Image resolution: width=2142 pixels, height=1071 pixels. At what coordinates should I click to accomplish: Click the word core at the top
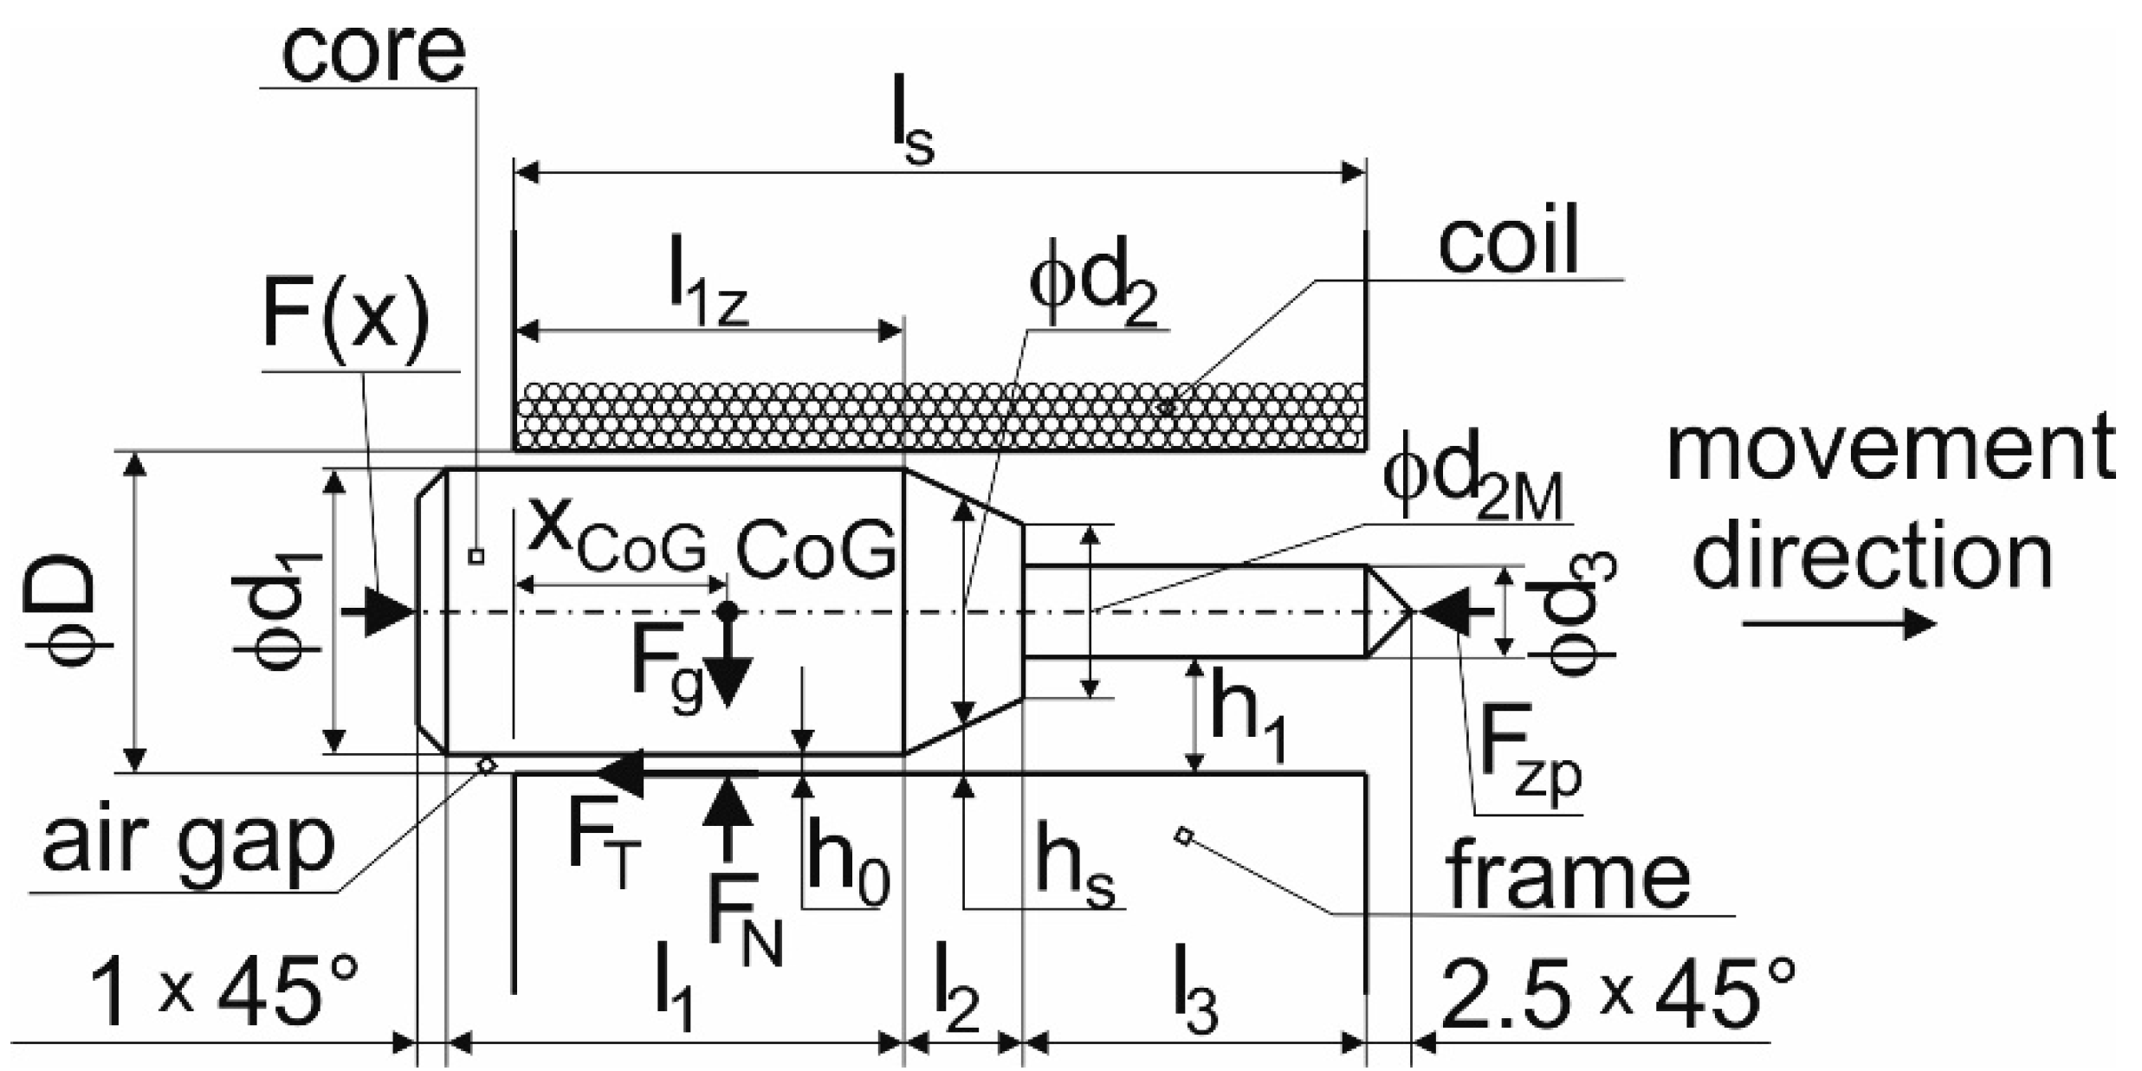point(374,52)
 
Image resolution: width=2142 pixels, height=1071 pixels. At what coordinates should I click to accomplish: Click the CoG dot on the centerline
point(728,611)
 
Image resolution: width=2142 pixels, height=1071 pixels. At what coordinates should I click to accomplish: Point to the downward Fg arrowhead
point(728,681)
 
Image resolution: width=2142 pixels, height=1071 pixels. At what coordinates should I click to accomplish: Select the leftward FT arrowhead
point(620,773)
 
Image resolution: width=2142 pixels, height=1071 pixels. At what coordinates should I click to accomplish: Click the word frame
point(1567,874)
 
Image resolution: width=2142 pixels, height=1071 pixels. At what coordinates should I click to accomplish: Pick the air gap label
point(188,842)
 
